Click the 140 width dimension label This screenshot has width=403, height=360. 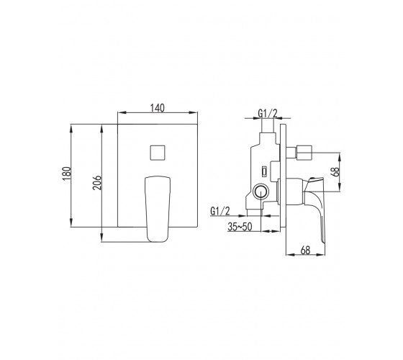[158, 108]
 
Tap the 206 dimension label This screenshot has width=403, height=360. [97, 183]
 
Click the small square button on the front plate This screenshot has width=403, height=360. [158, 153]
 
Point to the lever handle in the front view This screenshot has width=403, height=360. [158, 209]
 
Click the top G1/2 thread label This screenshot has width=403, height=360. [268, 113]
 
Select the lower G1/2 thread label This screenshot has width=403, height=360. [220, 211]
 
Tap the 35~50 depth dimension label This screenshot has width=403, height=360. [240, 227]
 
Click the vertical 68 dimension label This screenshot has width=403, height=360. [335, 171]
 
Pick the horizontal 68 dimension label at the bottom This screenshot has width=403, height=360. [305, 251]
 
